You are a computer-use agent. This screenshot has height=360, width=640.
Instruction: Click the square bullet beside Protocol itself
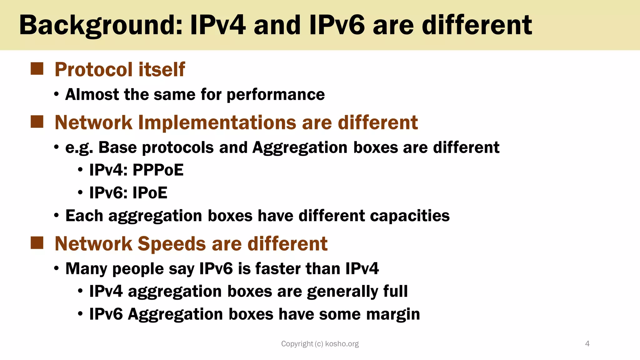pyautogui.click(x=37, y=69)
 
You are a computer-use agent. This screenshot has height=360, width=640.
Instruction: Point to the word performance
pyautogui.click(x=275, y=94)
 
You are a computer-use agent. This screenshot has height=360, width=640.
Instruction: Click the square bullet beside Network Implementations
pyautogui.click(x=37, y=122)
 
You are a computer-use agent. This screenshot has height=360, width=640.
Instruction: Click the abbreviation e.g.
pyautogui.click(x=79, y=147)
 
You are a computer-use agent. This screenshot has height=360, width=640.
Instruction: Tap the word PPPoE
pyautogui.click(x=158, y=170)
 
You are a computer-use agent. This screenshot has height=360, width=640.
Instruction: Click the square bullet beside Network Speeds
pyautogui.click(x=37, y=243)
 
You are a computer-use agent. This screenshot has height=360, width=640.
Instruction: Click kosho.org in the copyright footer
pyautogui.click(x=342, y=344)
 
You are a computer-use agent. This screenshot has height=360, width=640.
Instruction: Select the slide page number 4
pyautogui.click(x=587, y=344)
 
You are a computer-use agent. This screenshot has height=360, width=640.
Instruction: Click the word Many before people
pyautogui.click(x=86, y=269)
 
